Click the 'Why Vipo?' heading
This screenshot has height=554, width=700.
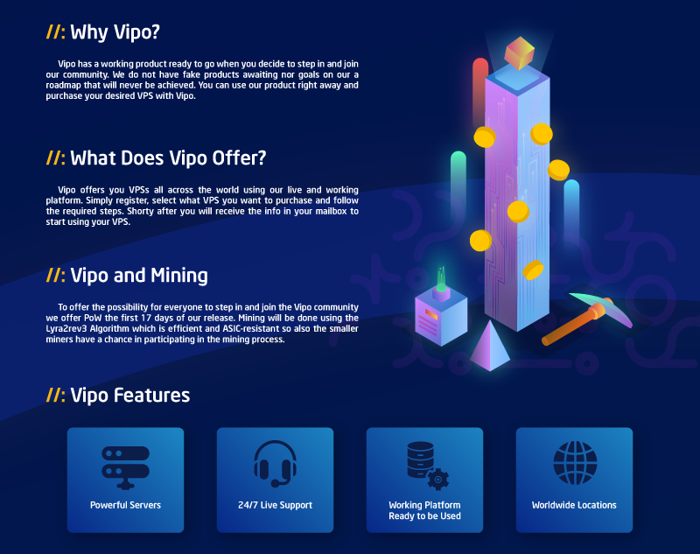[x=115, y=32]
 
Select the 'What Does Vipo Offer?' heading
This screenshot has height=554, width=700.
[x=168, y=158]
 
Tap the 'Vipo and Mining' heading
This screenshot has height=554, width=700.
[x=139, y=276]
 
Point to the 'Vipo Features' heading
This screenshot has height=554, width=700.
[x=129, y=396]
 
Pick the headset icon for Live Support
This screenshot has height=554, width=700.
[x=275, y=464]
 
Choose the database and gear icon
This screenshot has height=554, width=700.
[x=427, y=466]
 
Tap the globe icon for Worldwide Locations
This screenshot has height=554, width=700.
[x=575, y=463]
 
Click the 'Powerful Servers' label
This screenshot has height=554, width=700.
[x=125, y=505]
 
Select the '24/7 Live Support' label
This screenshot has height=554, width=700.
[x=275, y=505]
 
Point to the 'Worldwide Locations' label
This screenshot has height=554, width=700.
[x=574, y=505]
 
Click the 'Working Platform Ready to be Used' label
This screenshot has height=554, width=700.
[x=424, y=511]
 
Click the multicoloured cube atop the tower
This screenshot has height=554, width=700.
[x=519, y=53]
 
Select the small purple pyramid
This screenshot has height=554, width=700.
[x=490, y=347]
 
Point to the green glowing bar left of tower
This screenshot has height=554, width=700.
[x=458, y=186]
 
